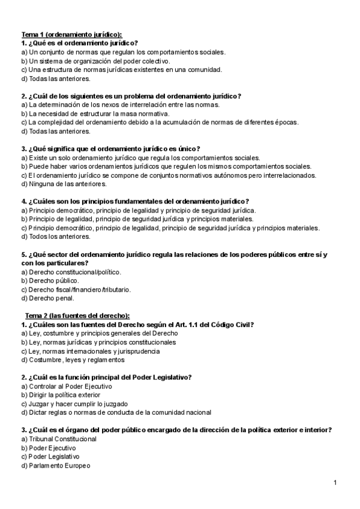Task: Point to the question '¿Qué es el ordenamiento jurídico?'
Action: coord(79,43)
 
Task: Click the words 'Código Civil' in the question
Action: coord(233,325)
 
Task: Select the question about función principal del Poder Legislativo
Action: coord(106,377)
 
